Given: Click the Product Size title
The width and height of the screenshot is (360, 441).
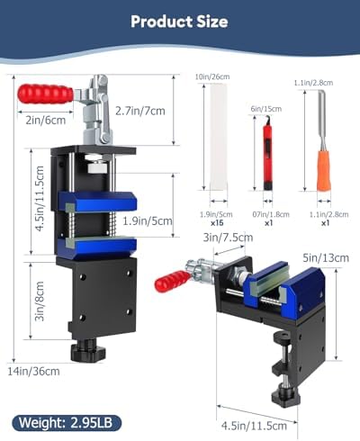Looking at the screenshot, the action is (x=179, y=22).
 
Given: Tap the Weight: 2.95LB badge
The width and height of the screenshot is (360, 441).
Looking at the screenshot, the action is (x=67, y=423).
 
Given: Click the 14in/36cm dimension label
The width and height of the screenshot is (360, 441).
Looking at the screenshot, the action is (x=33, y=372).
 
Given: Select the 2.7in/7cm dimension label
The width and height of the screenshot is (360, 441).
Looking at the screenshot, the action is (x=140, y=111).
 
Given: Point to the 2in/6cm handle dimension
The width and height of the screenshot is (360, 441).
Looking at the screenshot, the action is (x=46, y=121).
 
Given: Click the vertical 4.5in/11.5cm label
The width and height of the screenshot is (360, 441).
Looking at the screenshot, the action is (x=40, y=199).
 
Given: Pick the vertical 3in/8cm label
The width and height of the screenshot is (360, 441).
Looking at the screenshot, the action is (x=40, y=301).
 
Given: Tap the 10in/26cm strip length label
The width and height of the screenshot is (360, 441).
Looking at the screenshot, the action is (x=212, y=76).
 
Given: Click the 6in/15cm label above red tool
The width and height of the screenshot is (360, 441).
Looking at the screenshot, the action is (x=266, y=109).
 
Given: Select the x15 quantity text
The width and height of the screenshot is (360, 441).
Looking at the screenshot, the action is (x=217, y=223).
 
